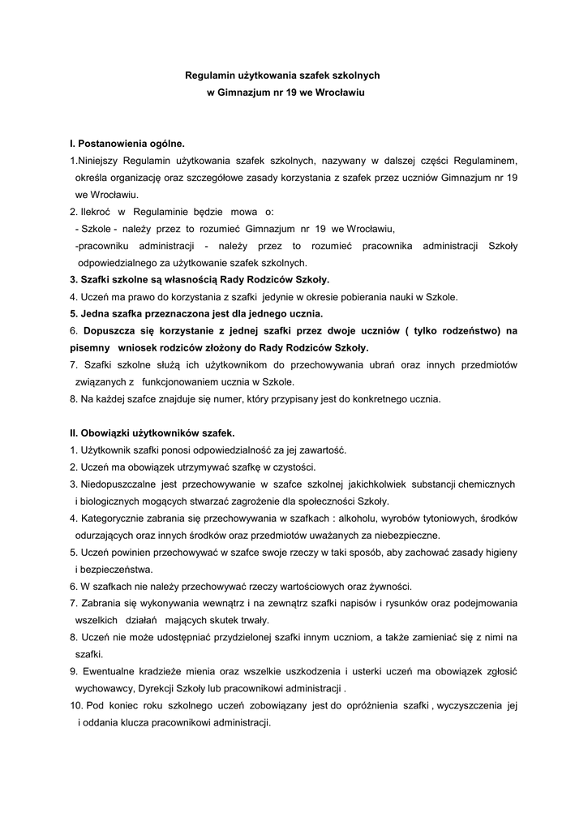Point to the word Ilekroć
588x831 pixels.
coord(97,211)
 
